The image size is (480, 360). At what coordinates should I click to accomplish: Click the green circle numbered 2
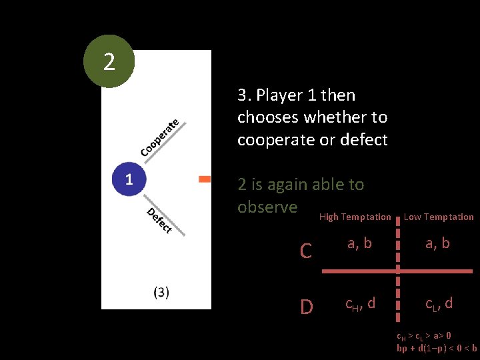[109, 62]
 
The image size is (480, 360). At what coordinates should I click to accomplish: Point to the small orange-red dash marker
[205, 179]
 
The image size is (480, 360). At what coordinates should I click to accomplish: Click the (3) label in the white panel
[161, 292]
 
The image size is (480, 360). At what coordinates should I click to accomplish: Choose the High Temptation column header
[355, 217]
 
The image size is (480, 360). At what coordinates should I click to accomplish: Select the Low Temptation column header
[439, 217]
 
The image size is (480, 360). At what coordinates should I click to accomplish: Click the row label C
[306, 251]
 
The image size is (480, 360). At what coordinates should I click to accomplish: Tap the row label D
[306, 307]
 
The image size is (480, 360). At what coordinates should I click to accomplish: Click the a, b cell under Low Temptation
[437, 243]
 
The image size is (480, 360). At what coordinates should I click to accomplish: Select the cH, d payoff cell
[360, 304]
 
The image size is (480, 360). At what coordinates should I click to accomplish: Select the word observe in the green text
[267, 207]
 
